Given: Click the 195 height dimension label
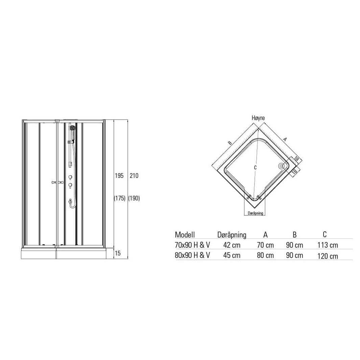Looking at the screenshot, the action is point(119,176).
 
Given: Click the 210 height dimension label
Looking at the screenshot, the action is point(134,176).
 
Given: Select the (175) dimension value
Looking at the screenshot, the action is point(120,198).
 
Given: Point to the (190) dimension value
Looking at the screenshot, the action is point(134,198).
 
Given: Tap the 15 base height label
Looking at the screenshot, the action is point(118,253).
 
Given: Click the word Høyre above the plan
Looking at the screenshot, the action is point(258,118).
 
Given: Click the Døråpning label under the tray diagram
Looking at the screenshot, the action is point(255,213).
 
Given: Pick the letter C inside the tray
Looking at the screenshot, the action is point(255,168).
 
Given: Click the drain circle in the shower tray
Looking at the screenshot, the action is point(281,166).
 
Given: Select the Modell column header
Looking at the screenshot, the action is point(185,235).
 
